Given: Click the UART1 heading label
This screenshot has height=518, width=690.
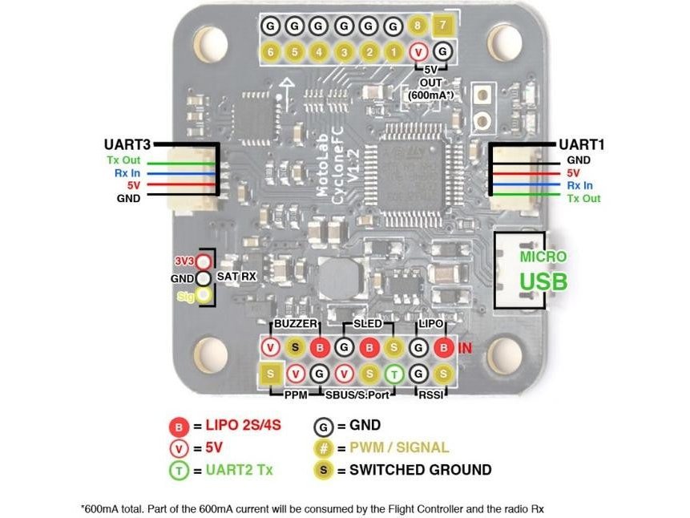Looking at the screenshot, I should pos(581,145).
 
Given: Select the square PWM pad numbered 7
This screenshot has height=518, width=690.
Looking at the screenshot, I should pos(442,26).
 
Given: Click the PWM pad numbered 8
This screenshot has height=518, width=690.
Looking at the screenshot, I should pos(417,26).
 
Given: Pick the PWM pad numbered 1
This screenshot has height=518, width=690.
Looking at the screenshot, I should pos(393,52).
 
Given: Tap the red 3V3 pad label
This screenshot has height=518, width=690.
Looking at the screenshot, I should pos(184,261).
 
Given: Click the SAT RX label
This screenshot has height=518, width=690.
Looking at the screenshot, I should pos(237,277).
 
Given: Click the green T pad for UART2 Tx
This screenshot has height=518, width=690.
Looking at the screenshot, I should pos(393,373).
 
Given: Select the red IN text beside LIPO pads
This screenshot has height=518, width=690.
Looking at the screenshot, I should pos(466,348).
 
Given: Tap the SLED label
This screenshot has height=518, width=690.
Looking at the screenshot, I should pos(369,324).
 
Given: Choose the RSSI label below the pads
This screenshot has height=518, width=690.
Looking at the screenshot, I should pos(430,395).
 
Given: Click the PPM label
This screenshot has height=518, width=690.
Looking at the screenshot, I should pos(297,395).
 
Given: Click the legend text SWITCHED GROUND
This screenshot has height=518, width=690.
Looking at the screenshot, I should pos(420,470).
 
